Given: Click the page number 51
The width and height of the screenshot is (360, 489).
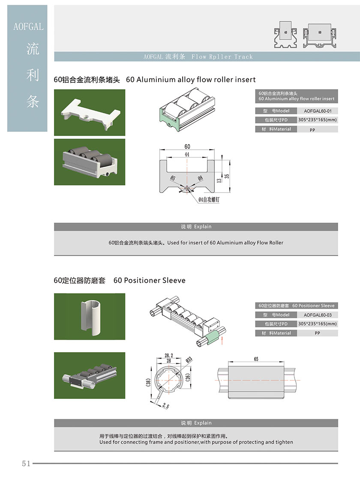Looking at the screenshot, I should click(26, 463).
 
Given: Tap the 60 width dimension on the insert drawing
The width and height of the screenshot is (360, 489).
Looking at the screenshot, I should click(187, 147).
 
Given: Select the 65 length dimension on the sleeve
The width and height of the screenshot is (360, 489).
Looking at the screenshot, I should click(256, 359).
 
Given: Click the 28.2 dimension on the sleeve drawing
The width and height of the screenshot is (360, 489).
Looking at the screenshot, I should click(168, 356).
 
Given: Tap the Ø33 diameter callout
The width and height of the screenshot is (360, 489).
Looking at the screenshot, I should click(189, 359).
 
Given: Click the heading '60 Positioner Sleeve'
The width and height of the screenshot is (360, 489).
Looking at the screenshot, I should click(149, 280).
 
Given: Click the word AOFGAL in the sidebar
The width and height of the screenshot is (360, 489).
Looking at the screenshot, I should click(28, 27).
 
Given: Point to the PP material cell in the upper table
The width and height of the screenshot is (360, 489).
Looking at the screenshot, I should click(312, 130).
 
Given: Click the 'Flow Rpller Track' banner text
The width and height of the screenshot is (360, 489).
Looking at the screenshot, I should click(222, 57).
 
